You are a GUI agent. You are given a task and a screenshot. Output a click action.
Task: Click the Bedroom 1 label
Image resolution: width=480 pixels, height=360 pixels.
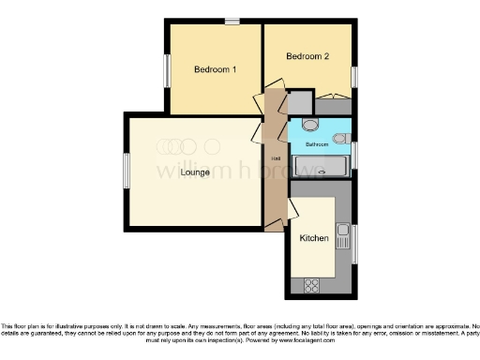tap(215, 69)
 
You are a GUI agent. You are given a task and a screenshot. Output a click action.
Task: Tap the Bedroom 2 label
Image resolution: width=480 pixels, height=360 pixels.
tap(307, 56)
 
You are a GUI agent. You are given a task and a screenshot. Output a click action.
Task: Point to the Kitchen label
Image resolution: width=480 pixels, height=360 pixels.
tap(313, 238)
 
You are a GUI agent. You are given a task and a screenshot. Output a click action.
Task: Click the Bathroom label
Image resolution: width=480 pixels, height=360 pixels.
tap(316, 145)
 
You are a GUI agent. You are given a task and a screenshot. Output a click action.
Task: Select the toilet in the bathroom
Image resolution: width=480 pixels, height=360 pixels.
tap(312, 125)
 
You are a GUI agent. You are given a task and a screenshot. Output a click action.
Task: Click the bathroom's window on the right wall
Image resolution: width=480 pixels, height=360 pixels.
tap(355, 152)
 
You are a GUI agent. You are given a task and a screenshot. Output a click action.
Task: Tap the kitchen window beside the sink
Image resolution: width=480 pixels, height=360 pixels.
tap(354, 244)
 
